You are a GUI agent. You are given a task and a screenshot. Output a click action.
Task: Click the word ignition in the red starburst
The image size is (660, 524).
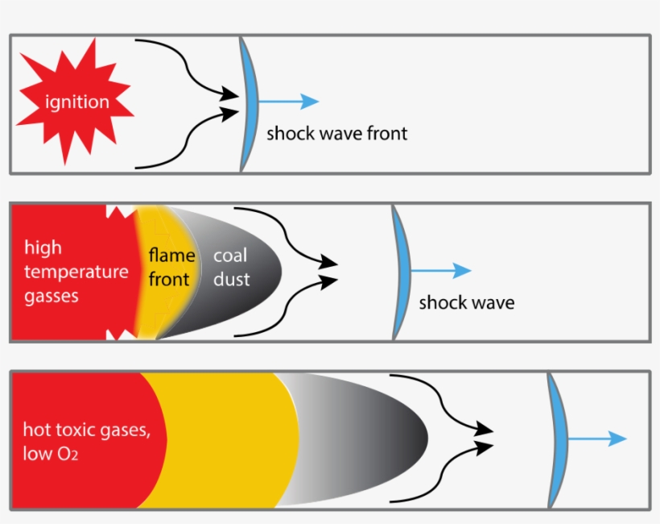(x=77, y=102)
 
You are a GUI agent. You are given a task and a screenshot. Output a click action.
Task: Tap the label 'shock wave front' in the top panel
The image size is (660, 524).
(x=336, y=133)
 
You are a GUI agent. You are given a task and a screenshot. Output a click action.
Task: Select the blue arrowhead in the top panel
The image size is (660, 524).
(x=310, y=102)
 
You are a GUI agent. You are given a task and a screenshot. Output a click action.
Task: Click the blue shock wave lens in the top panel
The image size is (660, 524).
(x=250, y=104)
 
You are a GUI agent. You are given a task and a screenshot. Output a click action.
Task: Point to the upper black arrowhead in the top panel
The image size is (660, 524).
(x=230, y=94)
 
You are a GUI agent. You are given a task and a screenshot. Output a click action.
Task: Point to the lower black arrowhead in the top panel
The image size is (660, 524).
(x=230, y=114)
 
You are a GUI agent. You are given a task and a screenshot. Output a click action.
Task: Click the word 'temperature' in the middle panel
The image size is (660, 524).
(x=76, y=272)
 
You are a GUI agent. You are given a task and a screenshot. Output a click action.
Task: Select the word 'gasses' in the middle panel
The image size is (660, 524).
(x=52, y=296)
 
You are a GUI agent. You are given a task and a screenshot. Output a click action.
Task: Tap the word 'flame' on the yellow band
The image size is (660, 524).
(x=171, y=255)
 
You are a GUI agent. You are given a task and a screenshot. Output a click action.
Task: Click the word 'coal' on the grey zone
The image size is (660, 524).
(x=230, y=255)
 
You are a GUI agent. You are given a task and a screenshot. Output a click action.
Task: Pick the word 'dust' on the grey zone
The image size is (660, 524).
(x=232, y=279)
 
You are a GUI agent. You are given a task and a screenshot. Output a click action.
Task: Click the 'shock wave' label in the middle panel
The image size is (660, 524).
(x=466, y=302)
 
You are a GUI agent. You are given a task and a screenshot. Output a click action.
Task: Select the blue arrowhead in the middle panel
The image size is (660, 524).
(x=462, y=270)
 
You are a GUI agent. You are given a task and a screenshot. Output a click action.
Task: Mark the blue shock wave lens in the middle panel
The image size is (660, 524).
(x=402, y=272)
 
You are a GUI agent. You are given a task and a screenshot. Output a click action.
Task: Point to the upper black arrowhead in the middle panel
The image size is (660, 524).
(x=328, y=262)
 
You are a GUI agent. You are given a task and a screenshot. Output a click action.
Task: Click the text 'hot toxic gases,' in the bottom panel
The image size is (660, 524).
(x=87, y=430)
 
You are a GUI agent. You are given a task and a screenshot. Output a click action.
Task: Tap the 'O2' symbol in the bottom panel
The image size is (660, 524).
(x=68, y=454)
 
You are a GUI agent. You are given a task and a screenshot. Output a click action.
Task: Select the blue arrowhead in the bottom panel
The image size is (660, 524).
(x=617, y=439)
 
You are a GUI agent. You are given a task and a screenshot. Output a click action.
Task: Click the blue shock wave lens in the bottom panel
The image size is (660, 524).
(x=558, y=440)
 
